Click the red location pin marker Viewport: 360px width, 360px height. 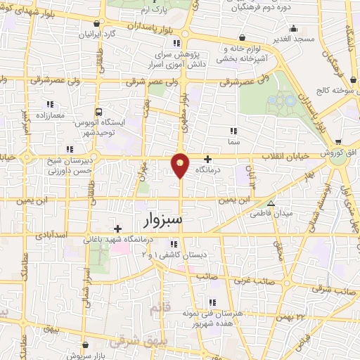pos(181,165)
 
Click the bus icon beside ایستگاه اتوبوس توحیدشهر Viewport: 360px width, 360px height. pos(100,111)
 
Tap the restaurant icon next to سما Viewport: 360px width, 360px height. pos(233,130)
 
